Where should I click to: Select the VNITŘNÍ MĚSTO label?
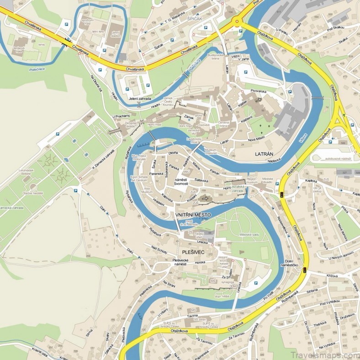click(x=193, y=214)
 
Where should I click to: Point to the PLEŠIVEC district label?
click(x=193, y=252)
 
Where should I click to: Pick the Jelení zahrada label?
click(x=140, y=97)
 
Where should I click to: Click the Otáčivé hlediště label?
click(x=33, y=193)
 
